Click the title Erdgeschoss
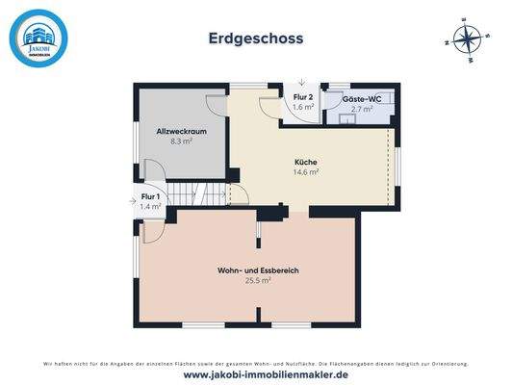(256, 38)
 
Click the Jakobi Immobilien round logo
(38, 38)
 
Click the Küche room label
(306, 162)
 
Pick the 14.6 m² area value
(306, 172)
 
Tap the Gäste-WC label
(361, 99)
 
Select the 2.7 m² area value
(361, 110)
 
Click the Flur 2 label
(303, 97)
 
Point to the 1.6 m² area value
(303, 108)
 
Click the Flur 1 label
(150, 196)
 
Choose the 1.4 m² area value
(150, 207)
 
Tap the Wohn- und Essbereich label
(258, 271)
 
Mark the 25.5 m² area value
(258, 282)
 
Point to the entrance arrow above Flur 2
(302, 83)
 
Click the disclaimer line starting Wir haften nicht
(256, 363)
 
